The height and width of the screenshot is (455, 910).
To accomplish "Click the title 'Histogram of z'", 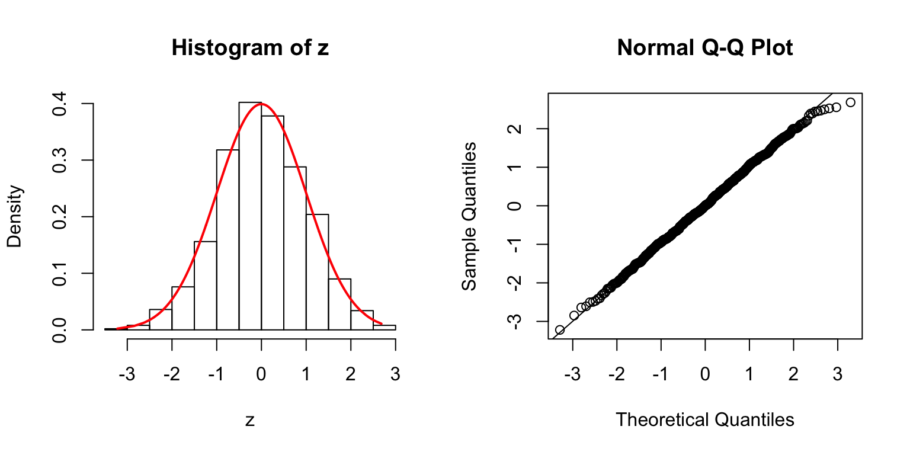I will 250,48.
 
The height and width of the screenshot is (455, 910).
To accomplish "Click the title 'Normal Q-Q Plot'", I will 705,48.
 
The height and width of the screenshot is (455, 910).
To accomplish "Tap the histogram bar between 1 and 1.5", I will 317,272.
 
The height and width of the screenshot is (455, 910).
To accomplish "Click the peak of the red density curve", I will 261,104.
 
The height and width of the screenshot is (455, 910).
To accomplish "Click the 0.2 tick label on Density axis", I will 59,217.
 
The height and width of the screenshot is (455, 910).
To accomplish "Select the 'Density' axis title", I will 15,217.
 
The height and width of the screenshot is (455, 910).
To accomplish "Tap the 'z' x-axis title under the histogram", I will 250,421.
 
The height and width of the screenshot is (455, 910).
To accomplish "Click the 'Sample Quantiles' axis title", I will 469,217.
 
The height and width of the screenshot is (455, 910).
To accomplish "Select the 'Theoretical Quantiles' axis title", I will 705,420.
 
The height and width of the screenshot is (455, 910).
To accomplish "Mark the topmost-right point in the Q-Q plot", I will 850,102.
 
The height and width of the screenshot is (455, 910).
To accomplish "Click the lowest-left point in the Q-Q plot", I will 559,329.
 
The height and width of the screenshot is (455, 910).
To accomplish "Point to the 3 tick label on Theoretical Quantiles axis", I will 838,374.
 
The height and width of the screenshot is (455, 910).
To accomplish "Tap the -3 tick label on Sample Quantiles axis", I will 514,321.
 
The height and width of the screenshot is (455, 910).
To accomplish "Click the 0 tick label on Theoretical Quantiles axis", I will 705,374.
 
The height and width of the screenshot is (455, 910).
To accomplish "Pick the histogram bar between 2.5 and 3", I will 384,327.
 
